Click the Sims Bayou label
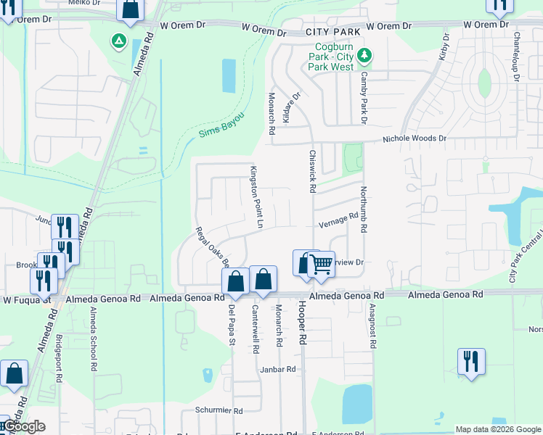click(x=221, y=128)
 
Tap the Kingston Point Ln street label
click(x=255, y=195)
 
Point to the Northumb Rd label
click(x=364, y=210)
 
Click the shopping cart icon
click(x=320, y=264)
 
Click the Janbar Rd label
click(x=278, y=369)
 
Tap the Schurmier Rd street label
click(x=219, y=410)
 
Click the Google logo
click(x=25, y=426)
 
